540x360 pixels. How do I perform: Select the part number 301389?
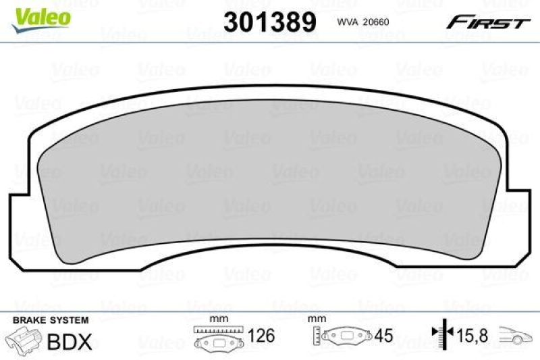click(x=269, y=22)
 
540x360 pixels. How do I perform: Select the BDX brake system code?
click(x=70, y=341)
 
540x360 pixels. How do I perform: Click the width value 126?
click(x=263, y=336)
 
